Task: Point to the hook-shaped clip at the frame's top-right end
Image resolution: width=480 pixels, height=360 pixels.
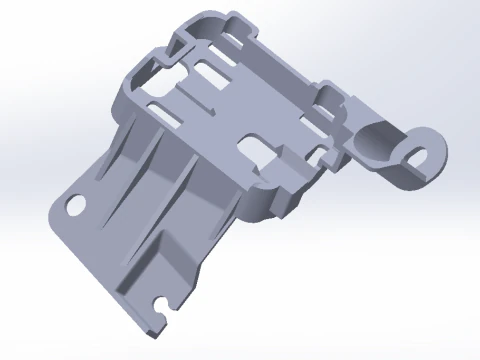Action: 332,96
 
